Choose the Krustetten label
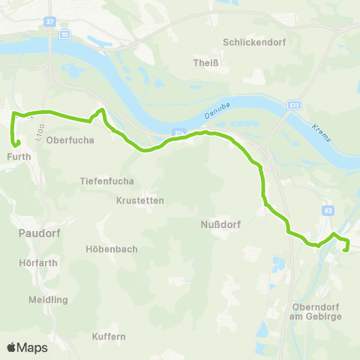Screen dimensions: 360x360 click(140, 200)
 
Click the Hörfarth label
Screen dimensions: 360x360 click(37, 263)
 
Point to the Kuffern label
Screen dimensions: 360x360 click(109, 337)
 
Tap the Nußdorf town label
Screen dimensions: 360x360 click(220, 223)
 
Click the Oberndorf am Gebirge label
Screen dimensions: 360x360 click(316, 312)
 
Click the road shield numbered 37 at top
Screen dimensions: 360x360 click(49, 22)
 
